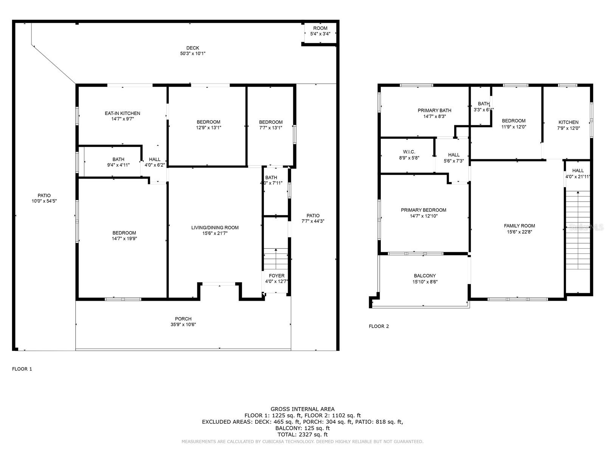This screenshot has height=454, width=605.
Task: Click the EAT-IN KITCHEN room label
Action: tap(123, 113)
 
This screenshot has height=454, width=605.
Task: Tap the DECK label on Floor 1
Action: tap(193, 48)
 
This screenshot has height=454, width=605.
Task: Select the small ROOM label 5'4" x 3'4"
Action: tap(320, 28)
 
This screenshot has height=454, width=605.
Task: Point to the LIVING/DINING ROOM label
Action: tap(215, 227)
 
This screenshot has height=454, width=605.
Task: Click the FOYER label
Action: tap(276, 276)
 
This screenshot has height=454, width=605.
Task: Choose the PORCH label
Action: tap(183, 319)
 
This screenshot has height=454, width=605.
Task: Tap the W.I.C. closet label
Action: tap(409, 152)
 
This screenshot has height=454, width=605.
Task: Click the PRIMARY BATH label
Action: tap(434, 110)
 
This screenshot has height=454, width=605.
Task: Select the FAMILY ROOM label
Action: tap(519, 226)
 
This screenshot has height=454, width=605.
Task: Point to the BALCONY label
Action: tap(425, 276)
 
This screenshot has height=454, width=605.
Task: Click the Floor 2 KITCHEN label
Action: tap(568, 122)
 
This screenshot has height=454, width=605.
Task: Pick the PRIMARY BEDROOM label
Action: tap(423, 210)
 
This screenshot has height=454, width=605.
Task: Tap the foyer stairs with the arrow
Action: tap(276, 259)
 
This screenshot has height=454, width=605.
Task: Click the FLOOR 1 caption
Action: tap(22, 369)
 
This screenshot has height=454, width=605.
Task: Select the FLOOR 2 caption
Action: tap(379, 326)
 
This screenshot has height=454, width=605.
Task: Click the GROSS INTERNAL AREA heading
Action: tap(302, 409)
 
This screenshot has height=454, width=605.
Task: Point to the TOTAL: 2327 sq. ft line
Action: tap(302, 434)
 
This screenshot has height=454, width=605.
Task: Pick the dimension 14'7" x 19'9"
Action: tap(124, 239)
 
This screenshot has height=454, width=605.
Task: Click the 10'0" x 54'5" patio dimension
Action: tap(44, 201)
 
